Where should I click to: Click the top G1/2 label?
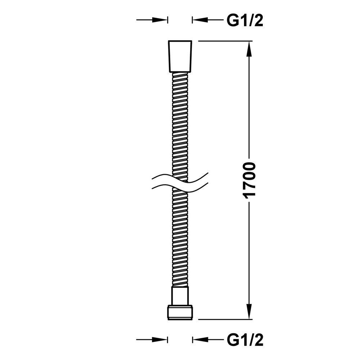point(245,21)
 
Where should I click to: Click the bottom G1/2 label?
point(245,340)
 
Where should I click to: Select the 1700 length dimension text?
point(249,180)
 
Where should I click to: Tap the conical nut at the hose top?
point(180,57)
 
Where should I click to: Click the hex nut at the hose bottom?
point(180,312)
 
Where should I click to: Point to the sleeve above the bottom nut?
point(180,296)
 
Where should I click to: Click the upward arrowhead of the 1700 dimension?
point(249,49)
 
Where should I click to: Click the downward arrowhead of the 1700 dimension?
point(249,311)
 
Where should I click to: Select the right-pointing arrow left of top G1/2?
point(152,20)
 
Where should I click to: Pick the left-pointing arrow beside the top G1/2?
point(208,20)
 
